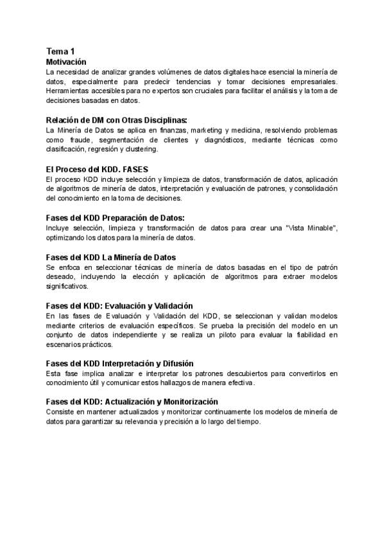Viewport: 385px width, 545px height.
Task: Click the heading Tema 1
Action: (61, 51)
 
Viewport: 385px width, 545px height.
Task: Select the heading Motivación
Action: (66, 62)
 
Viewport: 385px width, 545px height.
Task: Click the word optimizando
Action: (69, 238)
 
